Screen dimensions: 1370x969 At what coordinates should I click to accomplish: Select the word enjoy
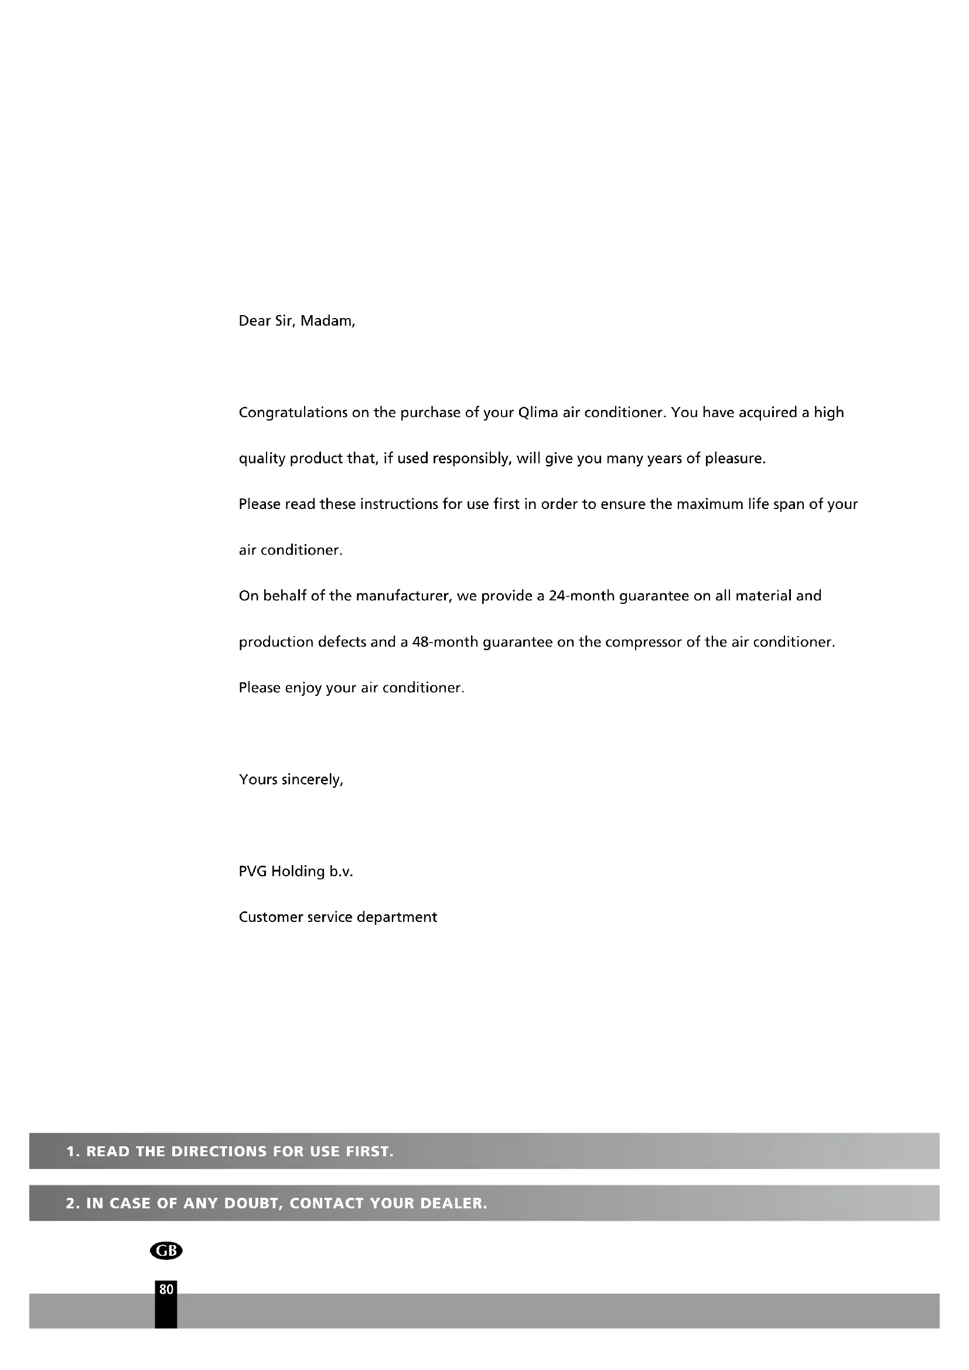[303, 688]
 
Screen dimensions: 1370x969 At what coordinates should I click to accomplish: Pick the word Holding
[298, 872]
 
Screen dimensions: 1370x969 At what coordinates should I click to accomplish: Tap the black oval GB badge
[166, 1251]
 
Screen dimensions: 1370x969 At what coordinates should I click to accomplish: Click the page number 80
[166, 1289]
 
